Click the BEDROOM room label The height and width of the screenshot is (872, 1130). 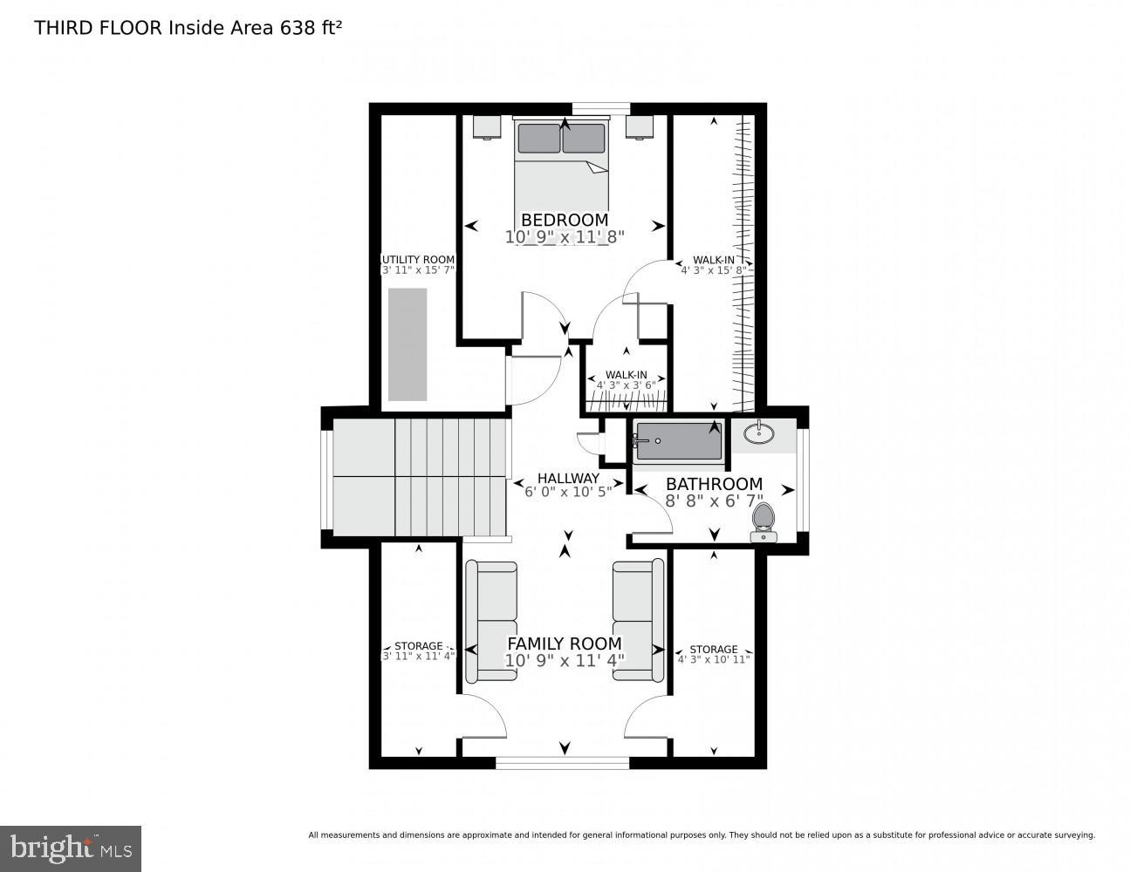[565, 220]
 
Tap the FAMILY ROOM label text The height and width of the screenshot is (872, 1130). [565, 644]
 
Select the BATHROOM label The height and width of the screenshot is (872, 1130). [714, 484]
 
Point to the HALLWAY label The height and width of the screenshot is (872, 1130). [568, 478]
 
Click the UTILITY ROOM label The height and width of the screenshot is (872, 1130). [419, 259]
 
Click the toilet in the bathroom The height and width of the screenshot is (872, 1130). [764, 521]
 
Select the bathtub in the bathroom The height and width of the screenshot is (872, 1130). [679, 440]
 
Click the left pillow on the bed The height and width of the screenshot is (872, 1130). [538, 139]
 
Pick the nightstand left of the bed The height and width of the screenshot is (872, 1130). [487, 126]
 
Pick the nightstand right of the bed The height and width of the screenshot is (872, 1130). [640, 126]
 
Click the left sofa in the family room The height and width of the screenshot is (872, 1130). [490, 621]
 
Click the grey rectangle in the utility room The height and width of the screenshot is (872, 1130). [407, 344]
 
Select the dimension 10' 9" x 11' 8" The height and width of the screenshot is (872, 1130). [565, 236]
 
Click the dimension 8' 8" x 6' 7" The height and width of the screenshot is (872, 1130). [714, 501]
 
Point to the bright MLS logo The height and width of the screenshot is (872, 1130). [70, 848]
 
